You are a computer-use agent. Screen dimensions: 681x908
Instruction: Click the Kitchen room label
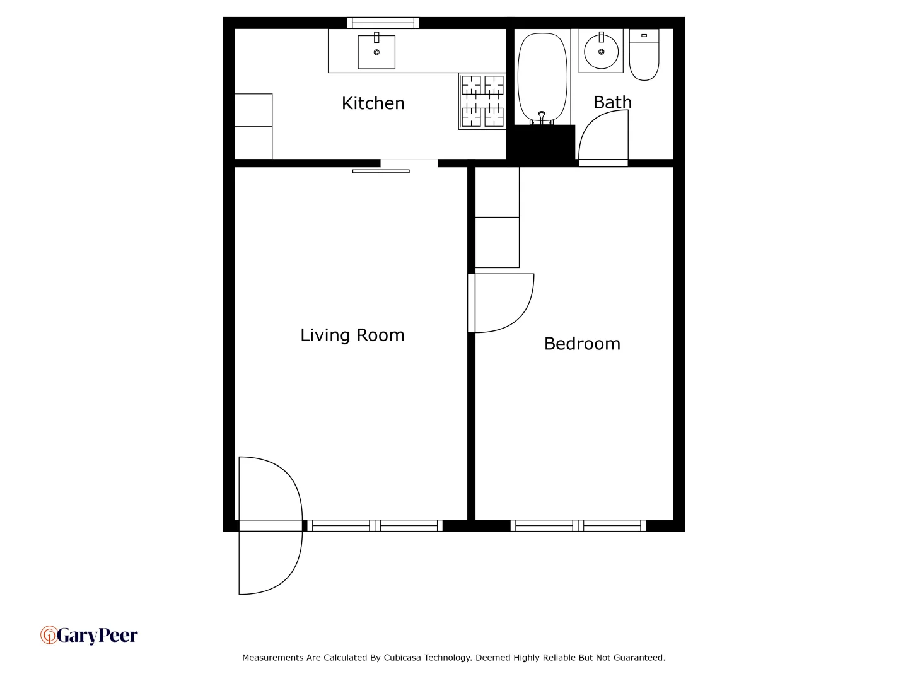coord(373,103)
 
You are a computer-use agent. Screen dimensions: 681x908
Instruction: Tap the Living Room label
coord(352,335)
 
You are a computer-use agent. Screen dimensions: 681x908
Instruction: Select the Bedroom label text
coord(582,344)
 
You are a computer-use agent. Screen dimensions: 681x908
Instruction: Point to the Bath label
coord(612,102)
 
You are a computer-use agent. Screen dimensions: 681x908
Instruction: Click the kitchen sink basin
coord(376,52)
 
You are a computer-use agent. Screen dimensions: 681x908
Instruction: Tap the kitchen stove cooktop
coord(482,101)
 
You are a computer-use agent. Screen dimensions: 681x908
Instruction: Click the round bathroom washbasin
coord(601,51)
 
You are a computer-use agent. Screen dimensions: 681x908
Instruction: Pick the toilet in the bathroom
coord(644,55)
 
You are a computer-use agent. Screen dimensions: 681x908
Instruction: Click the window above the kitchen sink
coord(383,23)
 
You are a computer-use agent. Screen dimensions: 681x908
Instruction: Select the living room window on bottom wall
coord(375,525)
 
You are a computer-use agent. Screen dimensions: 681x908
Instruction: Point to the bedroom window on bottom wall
coord(578,525)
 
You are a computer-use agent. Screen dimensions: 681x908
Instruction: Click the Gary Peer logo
coord(89,635)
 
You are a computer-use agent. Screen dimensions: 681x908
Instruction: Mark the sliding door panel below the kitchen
coord(381,171)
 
